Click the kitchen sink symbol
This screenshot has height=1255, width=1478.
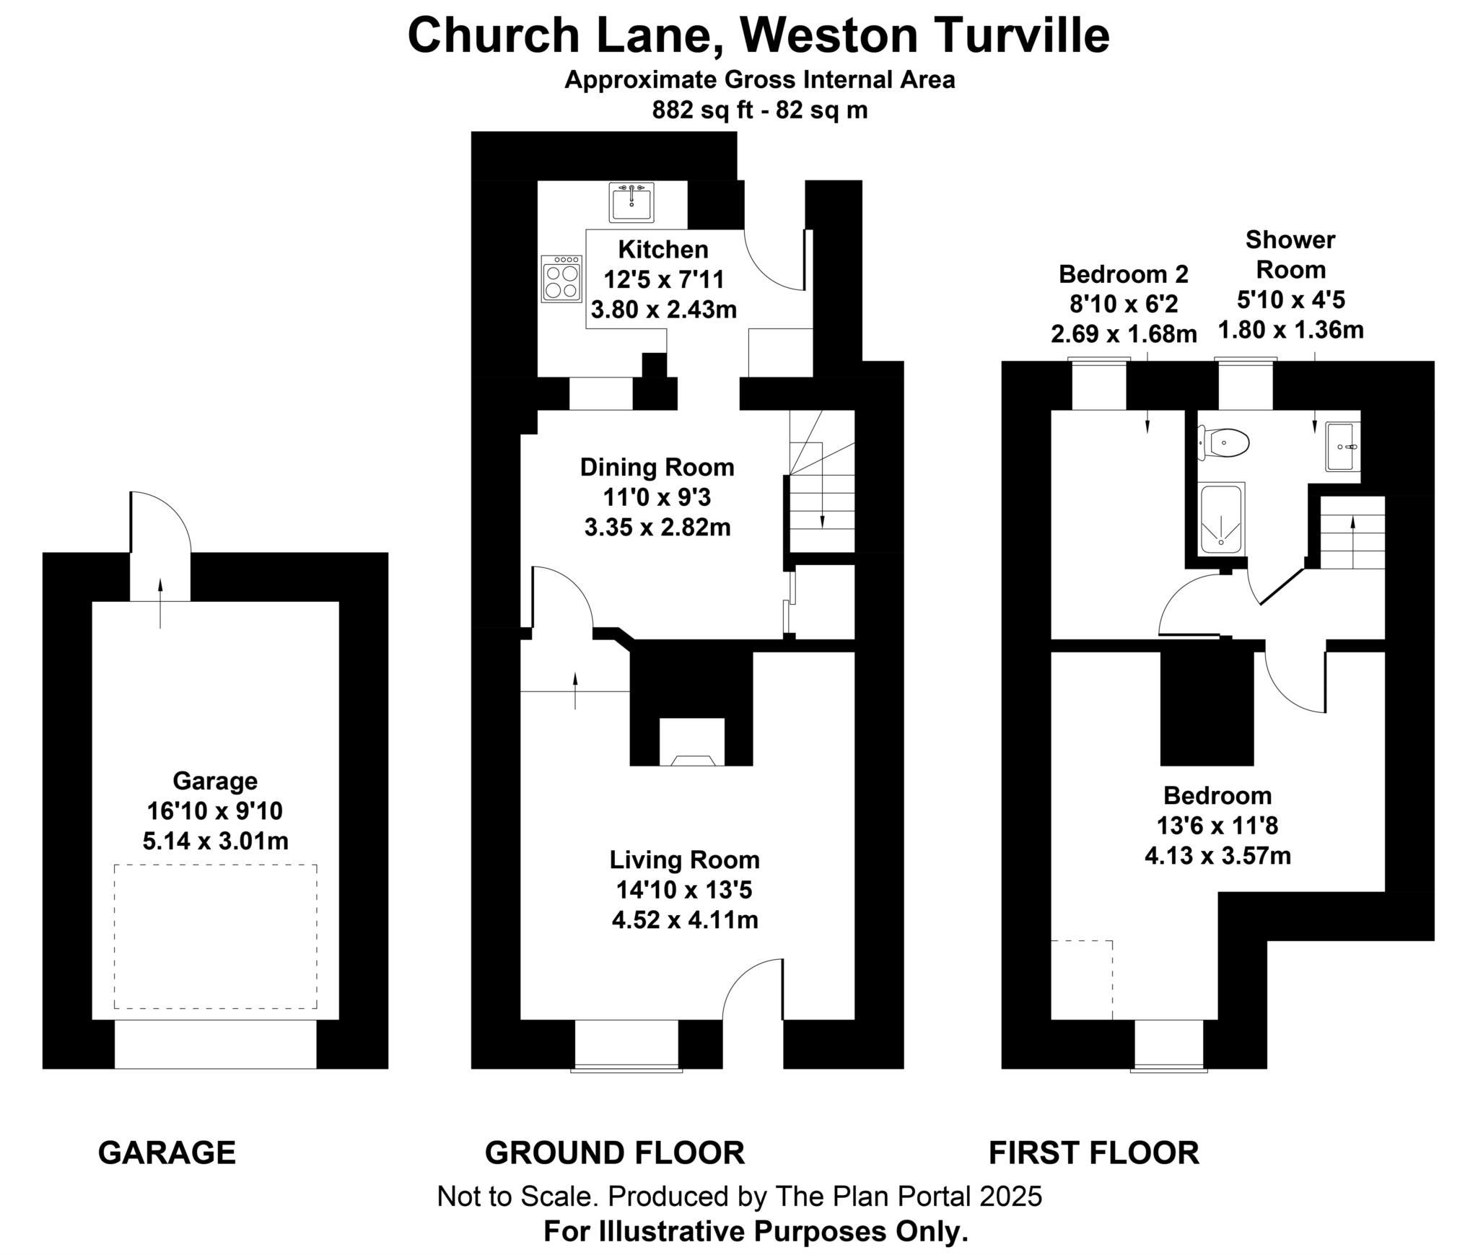tap(631, 202)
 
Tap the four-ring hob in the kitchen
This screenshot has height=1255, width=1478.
tap(562, 279)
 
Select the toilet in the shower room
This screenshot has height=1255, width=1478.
tap(1225, 442)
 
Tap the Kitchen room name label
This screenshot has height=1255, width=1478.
tap(663, 250)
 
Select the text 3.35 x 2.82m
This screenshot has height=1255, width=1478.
tap(657, 528)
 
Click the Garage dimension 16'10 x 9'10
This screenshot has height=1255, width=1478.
tap(215, 811)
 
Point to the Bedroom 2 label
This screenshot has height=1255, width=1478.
tap(1123, 274)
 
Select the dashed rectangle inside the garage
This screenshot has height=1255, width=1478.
tap(215, 936)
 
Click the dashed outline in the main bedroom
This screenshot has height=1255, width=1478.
tap(1082, 979)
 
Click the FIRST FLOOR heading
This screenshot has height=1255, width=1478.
tap(1093, 1153)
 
